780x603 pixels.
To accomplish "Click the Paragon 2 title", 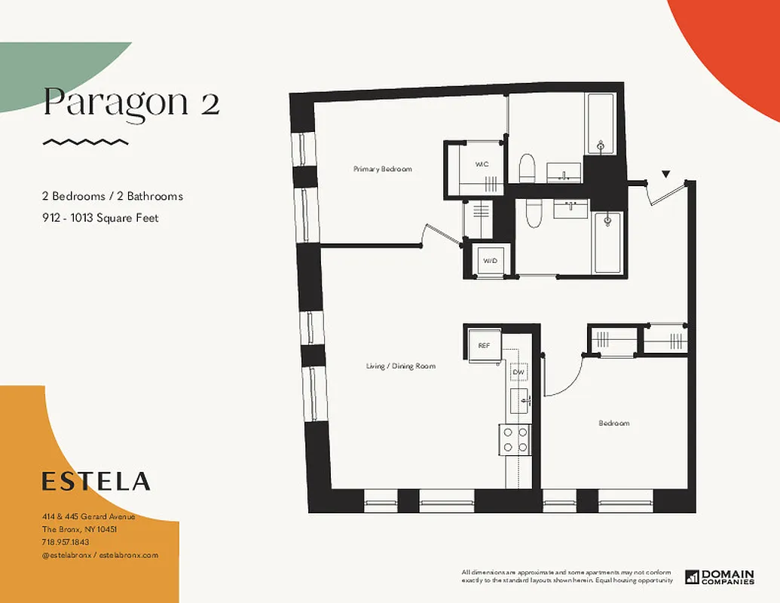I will (x=131, y=103).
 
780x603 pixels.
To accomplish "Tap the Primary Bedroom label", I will (x=383, y=170).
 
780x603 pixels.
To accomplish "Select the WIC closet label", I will (x=482, y=164).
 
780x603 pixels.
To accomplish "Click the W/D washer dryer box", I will (x=491, y=261).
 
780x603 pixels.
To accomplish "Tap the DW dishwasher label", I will (x=518, y=372).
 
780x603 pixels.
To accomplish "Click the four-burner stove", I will (x=515, y=439).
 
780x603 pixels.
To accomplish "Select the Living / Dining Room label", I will (x=401, y=366).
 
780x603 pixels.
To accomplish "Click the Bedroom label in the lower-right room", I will (x=614, y=424).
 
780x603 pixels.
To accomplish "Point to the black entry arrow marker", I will (x=665, y=174).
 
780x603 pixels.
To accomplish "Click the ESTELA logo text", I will (x=96, y=481).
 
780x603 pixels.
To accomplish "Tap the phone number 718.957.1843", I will (x=66, y=542).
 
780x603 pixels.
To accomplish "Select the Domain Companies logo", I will (x=720, y=577).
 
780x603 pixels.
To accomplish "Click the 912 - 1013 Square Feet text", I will (x=100, y=219).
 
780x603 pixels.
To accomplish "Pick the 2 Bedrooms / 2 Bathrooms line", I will (x=112, y=197).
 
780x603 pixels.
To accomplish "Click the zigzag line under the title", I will (x=85, y=142).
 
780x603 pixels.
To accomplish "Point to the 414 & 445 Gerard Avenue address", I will (x=88, y=516).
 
